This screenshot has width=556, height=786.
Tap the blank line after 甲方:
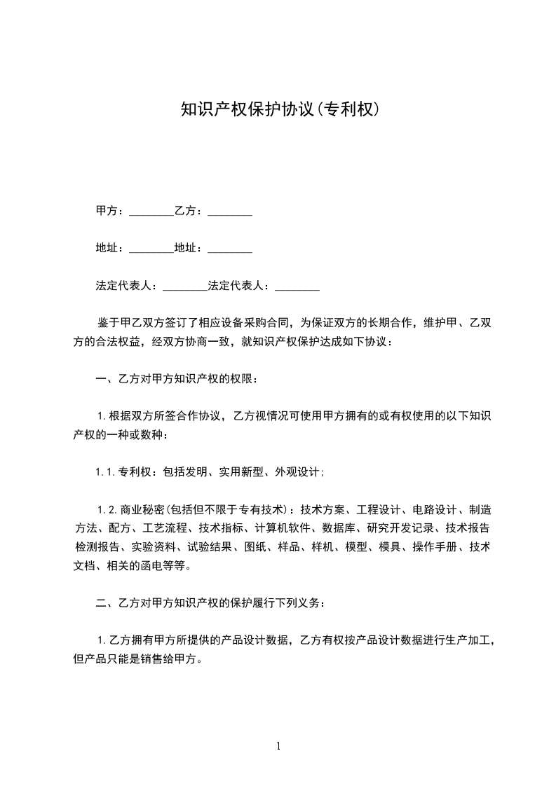pyautogui.click(x=151, y=211)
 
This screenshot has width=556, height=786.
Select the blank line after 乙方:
pyautogui.click(x=230, y=211)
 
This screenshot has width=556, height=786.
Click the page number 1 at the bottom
pyautogui.click(x=278, y=746)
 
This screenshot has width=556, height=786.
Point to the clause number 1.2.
pyautogui.click(x=107, y=509)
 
